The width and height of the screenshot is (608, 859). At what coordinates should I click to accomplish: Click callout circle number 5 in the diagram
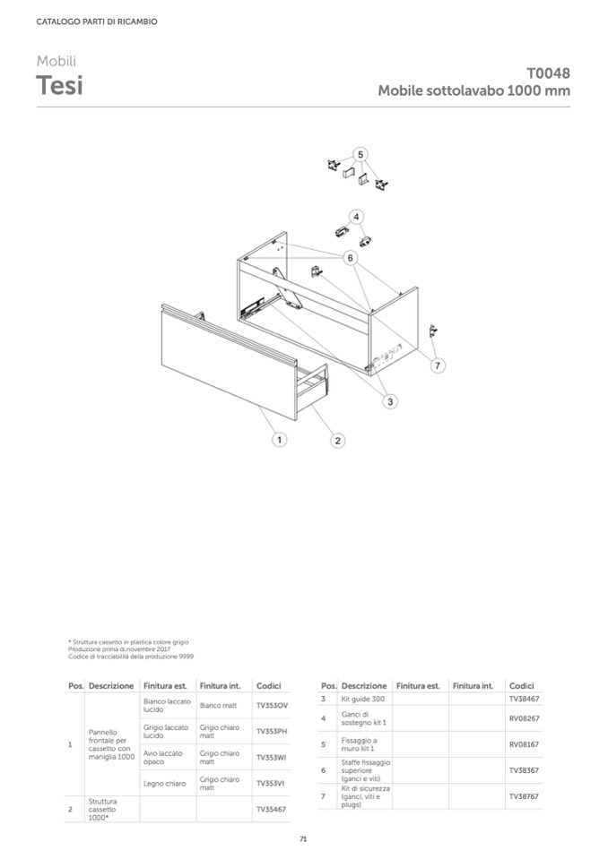tap(360, 154)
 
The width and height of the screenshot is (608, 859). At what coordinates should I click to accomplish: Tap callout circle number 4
tap(356, 217)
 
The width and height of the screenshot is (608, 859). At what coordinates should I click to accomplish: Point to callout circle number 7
tap(439, 365)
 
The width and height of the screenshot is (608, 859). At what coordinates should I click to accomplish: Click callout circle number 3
tap(390, 402)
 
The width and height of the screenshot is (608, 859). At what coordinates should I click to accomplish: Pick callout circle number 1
tap(280, 440)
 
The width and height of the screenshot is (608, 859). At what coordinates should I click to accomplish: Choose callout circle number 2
tap(337, 440)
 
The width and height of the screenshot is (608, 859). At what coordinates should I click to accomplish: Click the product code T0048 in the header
tap(548, 73)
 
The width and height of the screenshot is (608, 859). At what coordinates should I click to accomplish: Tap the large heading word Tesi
tap(59, 86)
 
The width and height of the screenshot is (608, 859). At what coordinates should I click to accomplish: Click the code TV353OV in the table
tap(271, 706)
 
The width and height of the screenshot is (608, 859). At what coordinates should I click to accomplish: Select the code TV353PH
tap(271, 732)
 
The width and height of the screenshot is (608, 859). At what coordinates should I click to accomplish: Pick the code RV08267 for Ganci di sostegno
tap(524, 718)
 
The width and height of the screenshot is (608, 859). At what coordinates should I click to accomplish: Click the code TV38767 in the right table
tap(524, 795)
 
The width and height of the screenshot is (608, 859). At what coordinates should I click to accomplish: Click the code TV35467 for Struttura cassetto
tap(271, 809)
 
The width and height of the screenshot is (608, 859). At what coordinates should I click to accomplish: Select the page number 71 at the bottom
tap(303, 839)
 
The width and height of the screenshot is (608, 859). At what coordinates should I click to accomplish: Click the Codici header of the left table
tap(268, 686)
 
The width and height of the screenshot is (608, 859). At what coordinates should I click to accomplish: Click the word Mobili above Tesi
tap(56, 61)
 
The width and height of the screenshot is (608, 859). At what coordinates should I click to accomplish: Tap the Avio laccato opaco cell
tap(165, 758)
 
